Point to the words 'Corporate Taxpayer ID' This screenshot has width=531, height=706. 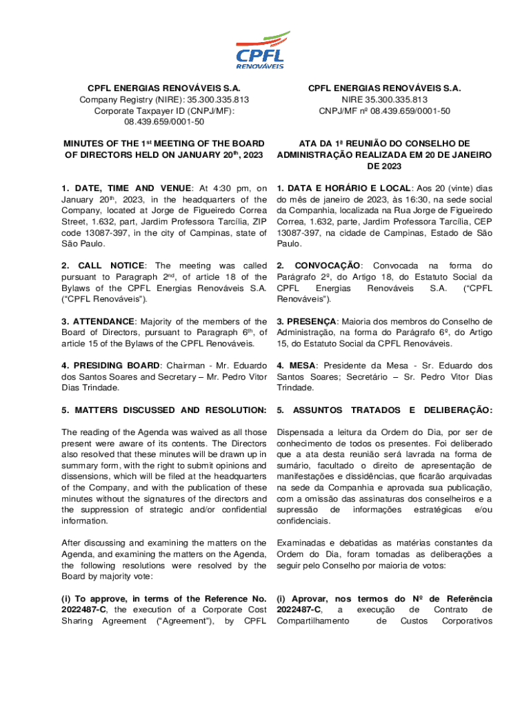[x=139, y=110]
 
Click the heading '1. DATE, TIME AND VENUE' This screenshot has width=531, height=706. [x=128, y=188]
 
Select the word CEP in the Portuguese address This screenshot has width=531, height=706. [x=481, y=221]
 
